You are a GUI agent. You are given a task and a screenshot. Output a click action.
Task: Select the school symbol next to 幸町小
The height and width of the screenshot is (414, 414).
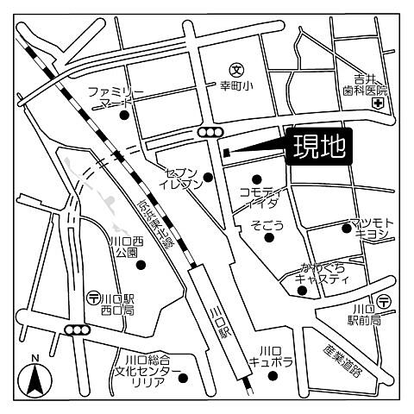(235, 68)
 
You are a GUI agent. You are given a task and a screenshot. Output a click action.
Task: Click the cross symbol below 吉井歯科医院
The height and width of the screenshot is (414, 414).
(377, 104)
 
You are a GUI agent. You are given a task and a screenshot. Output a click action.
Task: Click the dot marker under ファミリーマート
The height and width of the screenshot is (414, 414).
(124, 115)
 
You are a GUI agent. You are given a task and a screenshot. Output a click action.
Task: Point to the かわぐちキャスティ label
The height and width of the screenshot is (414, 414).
(324, 273)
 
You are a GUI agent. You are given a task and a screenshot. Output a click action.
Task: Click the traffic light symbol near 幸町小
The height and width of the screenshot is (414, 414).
(210, 132)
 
